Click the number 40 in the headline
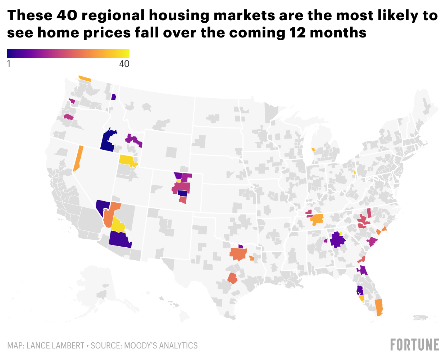[64, 15]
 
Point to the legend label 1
[9, 64]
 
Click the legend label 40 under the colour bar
[124, 64]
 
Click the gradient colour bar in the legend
[68, 54]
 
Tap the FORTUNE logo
[414, 345]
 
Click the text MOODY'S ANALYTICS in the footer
[161, 346]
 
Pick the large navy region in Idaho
[107, 141]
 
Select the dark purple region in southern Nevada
[102, 206]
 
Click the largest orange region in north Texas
[237, 254]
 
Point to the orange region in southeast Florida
[378, 307]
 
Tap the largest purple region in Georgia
[337, 239]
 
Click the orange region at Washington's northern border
[85, 78]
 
